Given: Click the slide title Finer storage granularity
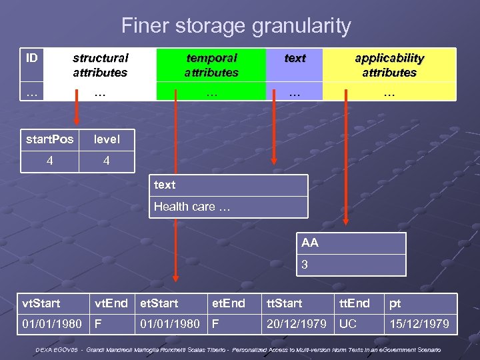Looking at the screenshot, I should [x=236, y=27].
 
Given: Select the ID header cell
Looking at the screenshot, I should [x=32, y=58].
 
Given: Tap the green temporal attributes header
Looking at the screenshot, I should [x=211, y=65].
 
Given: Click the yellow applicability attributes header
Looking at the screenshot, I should [x=389, y=65].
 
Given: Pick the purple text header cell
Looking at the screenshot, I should [x=295, y=59].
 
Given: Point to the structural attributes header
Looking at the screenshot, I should [x=100, y=65].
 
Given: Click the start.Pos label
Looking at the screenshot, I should [x=49, y=139].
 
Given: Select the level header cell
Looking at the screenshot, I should [x=107, y=139].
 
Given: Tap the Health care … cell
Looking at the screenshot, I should [x=192, y=207].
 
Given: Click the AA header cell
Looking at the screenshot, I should [x=310, y=243].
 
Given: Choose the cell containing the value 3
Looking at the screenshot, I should [x=305, y=265].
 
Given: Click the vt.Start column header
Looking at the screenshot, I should [x=41, y=303].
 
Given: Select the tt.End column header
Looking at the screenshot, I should [x=354, y=303].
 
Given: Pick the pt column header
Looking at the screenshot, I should [x=395, y=303].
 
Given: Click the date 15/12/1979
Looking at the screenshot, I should [x=420, y=324].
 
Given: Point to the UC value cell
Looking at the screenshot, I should [x=348, y=324].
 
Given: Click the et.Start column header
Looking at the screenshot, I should [x=159, y=303].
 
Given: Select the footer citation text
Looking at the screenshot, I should [x=239, y=349].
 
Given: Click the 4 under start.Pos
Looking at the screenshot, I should [x=50, y=161].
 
